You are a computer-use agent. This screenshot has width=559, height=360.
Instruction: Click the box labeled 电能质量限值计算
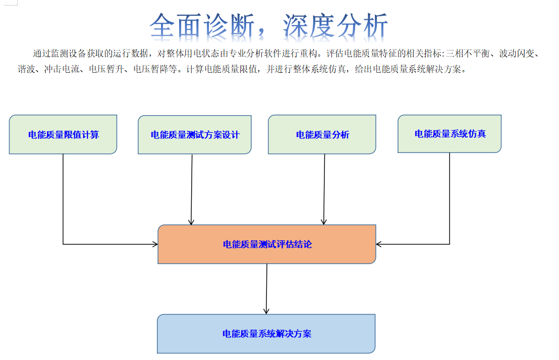pos(63,134)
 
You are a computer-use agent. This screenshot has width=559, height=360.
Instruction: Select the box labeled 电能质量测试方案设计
pos(195,135)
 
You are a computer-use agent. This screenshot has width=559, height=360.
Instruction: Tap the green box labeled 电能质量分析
pos(322,134)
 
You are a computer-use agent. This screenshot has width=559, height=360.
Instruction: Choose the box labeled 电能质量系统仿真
pos(450,134)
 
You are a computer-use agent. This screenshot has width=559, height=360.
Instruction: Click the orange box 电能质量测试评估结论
pos(267,244)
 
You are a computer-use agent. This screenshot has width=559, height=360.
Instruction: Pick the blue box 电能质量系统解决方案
pos(266,334)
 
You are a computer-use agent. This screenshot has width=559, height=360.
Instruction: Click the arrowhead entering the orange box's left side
pos(155,244)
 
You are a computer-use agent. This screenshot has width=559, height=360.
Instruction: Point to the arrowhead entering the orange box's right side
pos(378,244)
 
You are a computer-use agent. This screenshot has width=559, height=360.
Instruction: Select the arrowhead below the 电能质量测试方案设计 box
pos(191,222)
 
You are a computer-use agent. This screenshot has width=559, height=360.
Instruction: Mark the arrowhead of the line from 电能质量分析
pos(324,222)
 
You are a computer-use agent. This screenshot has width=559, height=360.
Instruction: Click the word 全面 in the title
pos(177,26)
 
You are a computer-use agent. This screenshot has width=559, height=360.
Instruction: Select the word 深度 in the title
pos(309,26)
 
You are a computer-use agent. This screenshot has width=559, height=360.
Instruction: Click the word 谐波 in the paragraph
pos(26,69)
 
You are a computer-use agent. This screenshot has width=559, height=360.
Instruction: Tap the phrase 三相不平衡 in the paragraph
pos(468,54)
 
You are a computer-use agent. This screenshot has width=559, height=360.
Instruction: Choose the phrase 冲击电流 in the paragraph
pos(62,69)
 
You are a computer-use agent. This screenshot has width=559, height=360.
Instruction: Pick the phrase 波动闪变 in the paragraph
pos(517,54)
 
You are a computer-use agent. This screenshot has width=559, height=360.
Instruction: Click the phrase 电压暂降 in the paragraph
pos(151,69)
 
